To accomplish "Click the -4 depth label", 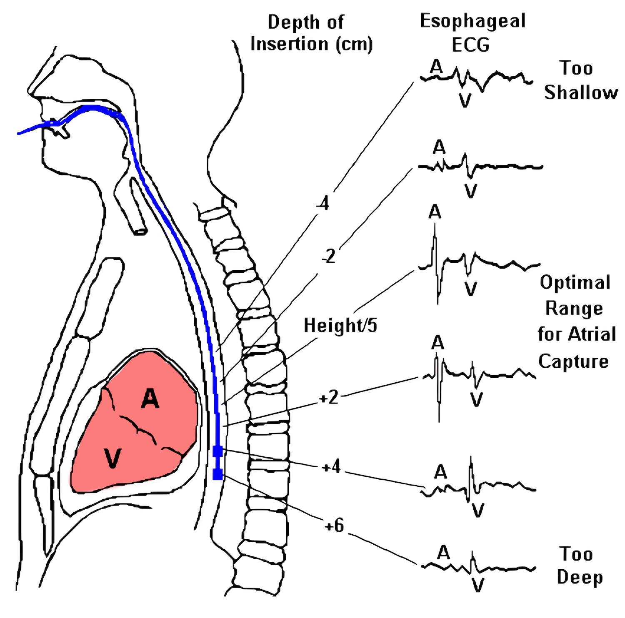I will pyautogui.click(x=323, y=204).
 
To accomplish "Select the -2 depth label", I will pyautogui.click(x=329, y=257).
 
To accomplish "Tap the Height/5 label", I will pyautogui.click(x=340, y=325).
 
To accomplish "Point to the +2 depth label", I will pyautogui.click(x=329, y=398).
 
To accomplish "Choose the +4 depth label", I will pyautogui.click(x=332, y=467).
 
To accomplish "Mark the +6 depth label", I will pyautogui.click(x=334, y=526).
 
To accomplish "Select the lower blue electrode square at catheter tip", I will pyautogui.click(x=217, y=474).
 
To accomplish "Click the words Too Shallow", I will pyautogui.click(x=580, y=80).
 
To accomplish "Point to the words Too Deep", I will pyautogui.click(x=579, y=566).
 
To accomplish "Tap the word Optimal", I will pyautogui.click(x=575, y=283).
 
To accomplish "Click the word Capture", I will pyautogui.click(x=573, y=361).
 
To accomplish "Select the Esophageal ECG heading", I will pyautogui.click(x=472, y=32).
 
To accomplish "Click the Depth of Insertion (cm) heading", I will pyautogui.click(x=311, y=33).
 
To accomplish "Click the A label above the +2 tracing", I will pyautogui.click(x=437, y=343).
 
